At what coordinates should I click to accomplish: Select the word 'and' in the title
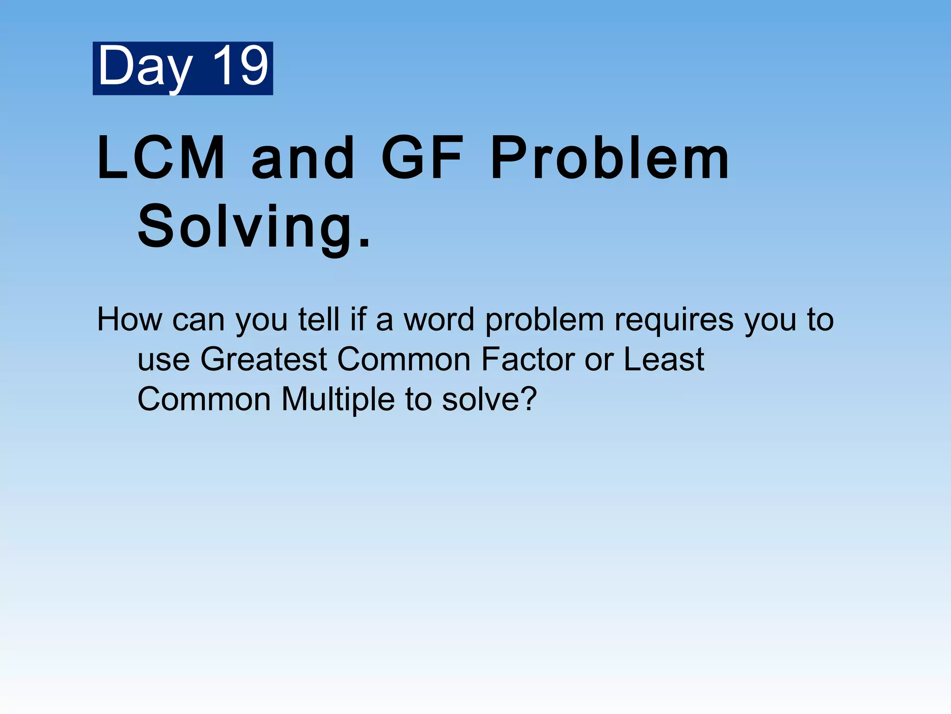tap(303, 158)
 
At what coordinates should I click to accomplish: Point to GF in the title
tap(422, 158)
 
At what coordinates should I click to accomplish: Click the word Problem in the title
tap(610, 158)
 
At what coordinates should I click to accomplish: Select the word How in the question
tap(130, 320)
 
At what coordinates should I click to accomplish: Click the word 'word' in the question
tap(439, 320)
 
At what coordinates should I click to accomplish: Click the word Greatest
tap(264, 359)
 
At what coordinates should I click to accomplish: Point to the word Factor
tap(528, 359)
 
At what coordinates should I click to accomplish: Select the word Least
tap(664, 359)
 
